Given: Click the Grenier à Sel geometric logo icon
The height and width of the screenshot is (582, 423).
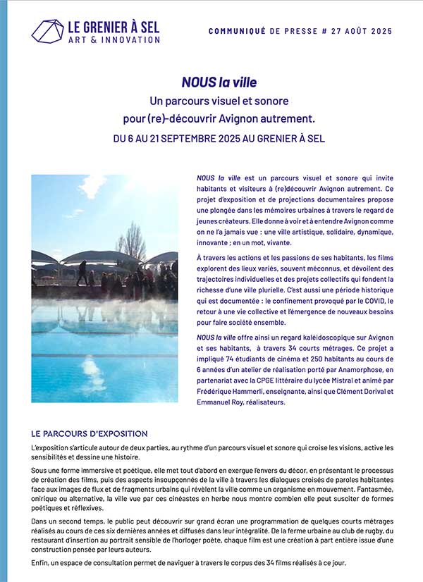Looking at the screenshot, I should (47, 31).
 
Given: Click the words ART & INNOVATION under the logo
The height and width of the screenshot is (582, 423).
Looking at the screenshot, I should (114, 39).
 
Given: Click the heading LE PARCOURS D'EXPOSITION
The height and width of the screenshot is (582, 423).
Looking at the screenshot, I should (90, 433).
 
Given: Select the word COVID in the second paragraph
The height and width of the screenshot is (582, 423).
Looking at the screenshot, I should (378, 302).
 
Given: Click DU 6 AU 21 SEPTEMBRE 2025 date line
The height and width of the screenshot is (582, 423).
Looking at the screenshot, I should (219, 138).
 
